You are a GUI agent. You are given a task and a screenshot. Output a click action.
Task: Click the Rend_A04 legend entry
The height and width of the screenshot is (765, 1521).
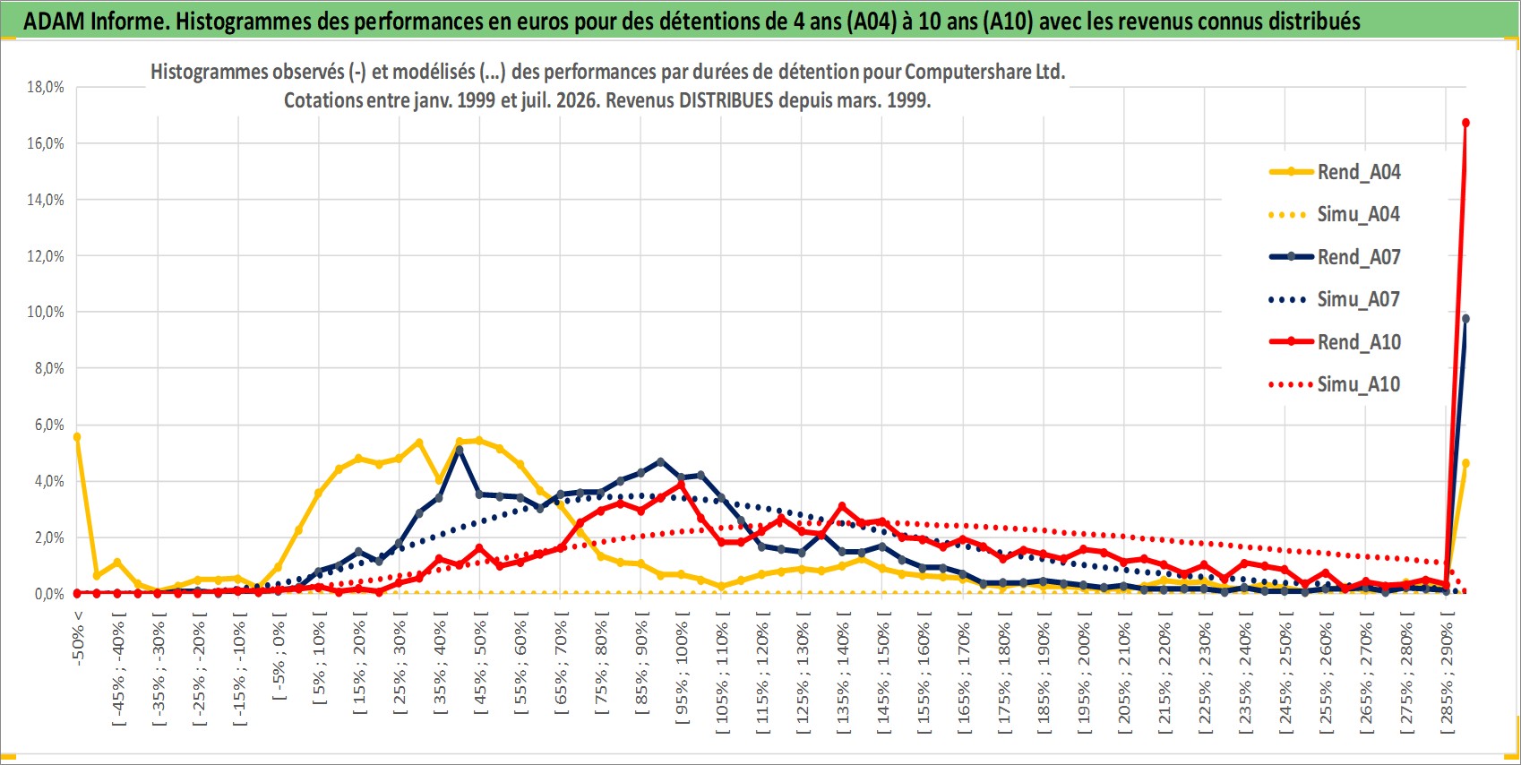tap(1335, 172)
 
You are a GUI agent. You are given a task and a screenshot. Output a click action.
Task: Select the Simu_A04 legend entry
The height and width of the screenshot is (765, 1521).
tap(1335, 214)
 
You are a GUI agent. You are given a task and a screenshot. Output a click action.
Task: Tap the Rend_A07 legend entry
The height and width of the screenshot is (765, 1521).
tap(1335, 256)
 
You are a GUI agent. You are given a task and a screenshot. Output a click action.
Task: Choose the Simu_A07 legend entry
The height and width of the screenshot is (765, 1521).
tap(1335, 299)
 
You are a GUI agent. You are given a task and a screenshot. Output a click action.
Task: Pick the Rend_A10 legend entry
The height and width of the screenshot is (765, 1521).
tap(1335, 341)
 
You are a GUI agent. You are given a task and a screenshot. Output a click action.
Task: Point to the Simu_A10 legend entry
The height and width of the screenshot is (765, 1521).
tap(1335, 384)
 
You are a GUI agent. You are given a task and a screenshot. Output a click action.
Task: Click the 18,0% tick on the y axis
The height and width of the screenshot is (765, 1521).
tap(46, 87)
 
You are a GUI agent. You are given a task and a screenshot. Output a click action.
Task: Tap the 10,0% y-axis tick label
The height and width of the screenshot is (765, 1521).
tap(46, 313)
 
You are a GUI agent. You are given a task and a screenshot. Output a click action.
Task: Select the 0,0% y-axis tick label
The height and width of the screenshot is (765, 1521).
tap(49, 594)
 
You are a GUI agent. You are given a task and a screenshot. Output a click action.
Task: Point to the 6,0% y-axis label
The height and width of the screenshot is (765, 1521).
tap(49, 425)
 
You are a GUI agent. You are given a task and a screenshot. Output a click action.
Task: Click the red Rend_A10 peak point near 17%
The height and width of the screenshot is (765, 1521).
tap(1465, 123)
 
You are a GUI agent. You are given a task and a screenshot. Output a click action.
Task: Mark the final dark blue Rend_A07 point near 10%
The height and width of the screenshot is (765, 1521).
tap(1465, 318)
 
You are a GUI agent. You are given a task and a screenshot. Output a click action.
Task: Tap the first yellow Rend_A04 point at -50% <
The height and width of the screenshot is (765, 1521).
tap(77, 436)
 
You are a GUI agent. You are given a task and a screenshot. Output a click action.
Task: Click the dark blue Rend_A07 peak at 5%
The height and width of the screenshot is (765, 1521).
tap(460, 450)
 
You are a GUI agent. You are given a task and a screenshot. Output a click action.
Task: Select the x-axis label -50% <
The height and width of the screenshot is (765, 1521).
tap(77, 638)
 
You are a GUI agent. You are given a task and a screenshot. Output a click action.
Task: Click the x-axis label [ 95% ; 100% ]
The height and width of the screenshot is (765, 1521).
tap(682, 668)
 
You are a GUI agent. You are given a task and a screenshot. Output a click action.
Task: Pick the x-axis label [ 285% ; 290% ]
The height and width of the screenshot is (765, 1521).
tap(1447, 673)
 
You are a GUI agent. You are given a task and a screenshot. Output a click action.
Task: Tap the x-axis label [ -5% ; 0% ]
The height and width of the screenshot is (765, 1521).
tap(279, 656)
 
